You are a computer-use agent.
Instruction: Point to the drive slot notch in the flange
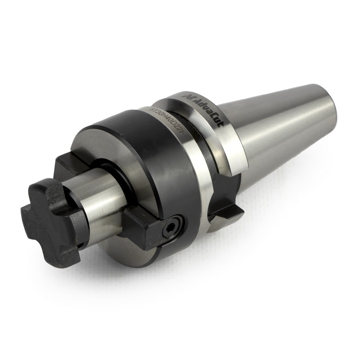(x=220, y=198)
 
